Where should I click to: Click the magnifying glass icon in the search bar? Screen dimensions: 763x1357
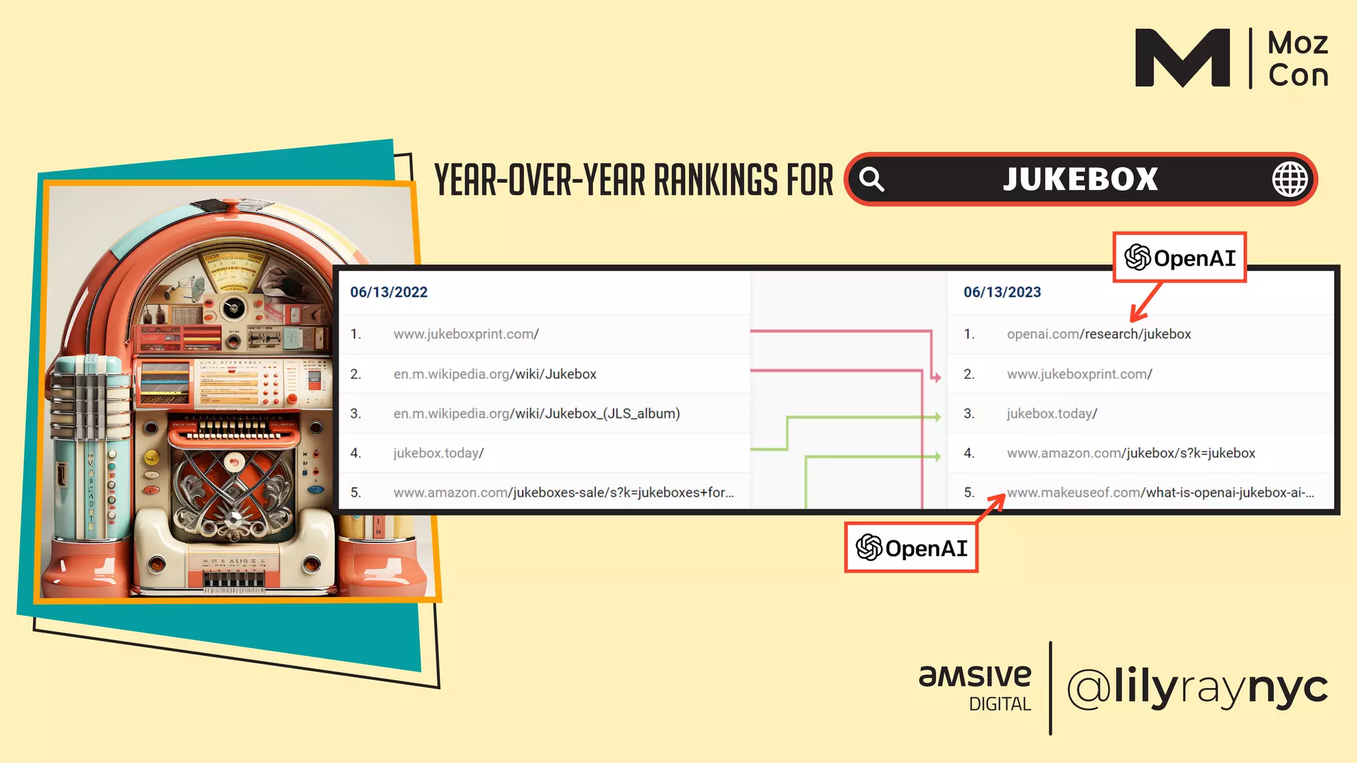pos(872,179)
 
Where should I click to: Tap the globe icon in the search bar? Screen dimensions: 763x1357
pos(1289,179)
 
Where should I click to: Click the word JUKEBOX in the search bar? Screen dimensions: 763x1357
pos(1080,179)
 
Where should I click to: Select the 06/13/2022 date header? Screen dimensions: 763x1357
pos(389,292)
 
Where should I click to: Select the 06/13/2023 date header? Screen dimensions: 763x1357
pos(1002,292)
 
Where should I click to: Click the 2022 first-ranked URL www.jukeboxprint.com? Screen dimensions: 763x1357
pos(466,334)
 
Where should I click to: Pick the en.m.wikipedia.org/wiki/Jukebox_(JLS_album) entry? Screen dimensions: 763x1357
pos(536,413)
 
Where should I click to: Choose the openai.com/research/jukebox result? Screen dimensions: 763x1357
pos(1099,334)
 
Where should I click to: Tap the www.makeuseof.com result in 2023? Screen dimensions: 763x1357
pos(1160,493)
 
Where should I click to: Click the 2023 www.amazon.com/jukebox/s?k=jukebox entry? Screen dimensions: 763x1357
pos(1130,453)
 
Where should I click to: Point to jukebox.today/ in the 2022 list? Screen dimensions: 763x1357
pos(438,453)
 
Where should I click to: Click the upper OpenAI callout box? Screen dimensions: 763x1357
pos(1179,258)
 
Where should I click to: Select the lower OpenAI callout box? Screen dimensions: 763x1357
pos(911,548)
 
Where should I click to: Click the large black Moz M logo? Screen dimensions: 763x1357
pos(1182,58)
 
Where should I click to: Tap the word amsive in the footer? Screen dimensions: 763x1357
pos(975,676)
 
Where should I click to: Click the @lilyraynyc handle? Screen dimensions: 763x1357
pos(1197,687)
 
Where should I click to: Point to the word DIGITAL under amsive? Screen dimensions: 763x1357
pos(1000,704)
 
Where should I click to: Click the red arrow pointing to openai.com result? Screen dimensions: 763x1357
pos(1146,302)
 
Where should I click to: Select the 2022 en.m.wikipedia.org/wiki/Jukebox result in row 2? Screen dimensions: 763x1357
pos(494,374)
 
